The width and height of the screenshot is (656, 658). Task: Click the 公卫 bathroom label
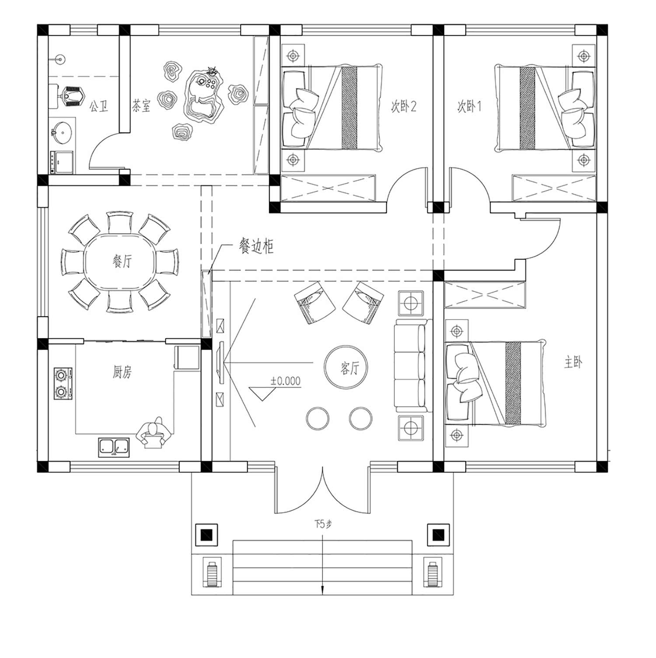(x=99, y=106)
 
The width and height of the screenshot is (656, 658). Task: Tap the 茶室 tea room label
(x=141, y=105)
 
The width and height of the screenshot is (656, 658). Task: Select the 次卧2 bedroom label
(x=403, y=106)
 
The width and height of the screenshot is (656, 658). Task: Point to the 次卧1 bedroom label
(x=469, y=106)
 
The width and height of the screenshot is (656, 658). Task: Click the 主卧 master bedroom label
(x=573, y=362)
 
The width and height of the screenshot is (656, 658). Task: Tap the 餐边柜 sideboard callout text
(x=256, y=246)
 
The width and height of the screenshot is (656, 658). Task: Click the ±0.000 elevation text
(x=285, y=381)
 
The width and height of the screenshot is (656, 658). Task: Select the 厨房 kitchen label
(x=122, y=372)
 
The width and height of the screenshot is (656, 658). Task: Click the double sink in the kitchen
(x=114, y=447)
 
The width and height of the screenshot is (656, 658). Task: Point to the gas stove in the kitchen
(x=63, y=383)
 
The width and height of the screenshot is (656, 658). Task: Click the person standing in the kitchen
(x=154, y=433)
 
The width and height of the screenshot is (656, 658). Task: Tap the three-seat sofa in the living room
(x=411, y=366)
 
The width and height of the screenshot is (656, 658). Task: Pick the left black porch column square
(x=206, y=535)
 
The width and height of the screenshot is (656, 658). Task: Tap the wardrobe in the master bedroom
(x=485, y=295)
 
